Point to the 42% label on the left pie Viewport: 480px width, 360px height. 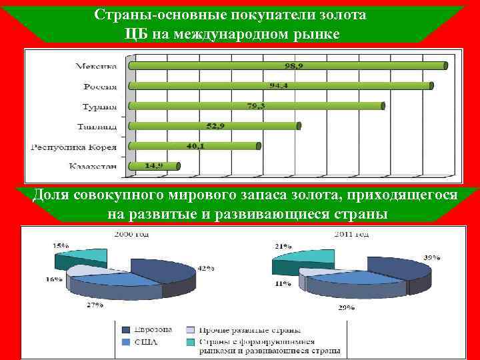[205, 268]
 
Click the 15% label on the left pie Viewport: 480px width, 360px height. [61, 245]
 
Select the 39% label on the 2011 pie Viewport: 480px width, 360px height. [431, 257]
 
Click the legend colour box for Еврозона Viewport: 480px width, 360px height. [127, 329]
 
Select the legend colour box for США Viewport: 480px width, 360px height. [127, 342]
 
